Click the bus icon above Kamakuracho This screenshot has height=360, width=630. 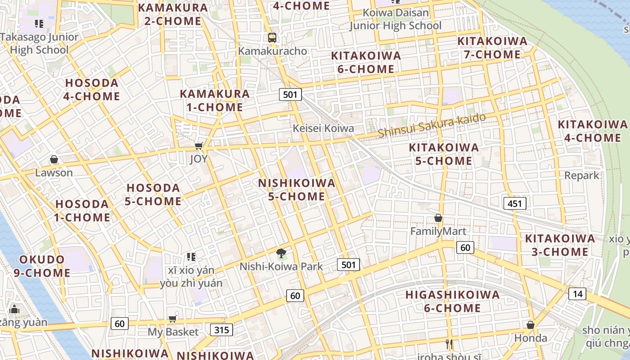pyautogui.click(x=272, y=37)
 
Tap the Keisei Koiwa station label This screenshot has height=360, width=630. pyautogui.click(x=323, y=128)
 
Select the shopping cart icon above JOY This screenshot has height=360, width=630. pyautogui.click(x=198, y=146)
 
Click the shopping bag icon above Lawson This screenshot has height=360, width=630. pyautogui.click(x=54, y=159)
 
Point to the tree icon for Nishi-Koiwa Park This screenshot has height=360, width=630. pyautogui.click(x=281, y=253)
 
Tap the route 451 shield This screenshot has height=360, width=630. pyautogui.click(x=514, y=203)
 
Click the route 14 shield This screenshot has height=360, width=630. pyautogui.click(x=577, y=294)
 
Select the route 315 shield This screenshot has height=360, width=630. pyautogui.click(x=221, y=330)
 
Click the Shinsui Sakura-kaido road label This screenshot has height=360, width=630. pyautogui.click(x=432, y=126)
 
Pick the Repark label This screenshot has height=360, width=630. pyautogui.click(x=582, y=175)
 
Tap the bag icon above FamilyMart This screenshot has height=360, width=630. pyautogui.click(x=438, y=218)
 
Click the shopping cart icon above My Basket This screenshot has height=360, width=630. pyautogui.click(x=172, y=319)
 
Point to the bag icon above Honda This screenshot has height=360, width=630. pyautogui.click(x=531, y=325)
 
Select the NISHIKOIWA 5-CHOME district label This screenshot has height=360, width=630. pyautogui.click(x=297, y=189)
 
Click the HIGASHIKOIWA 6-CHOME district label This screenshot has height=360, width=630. pyautogui.click(x=452, y=301)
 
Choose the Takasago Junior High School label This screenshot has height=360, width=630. pyautogui.click(x=39, y=43)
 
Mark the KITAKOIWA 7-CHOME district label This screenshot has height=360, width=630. pyautogui.click(x=492, y=48)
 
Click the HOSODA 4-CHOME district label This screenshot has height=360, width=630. pyautogui.click(x=92, y=90)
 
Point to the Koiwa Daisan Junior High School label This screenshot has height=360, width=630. pyautogui.click(x=396, y=19)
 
